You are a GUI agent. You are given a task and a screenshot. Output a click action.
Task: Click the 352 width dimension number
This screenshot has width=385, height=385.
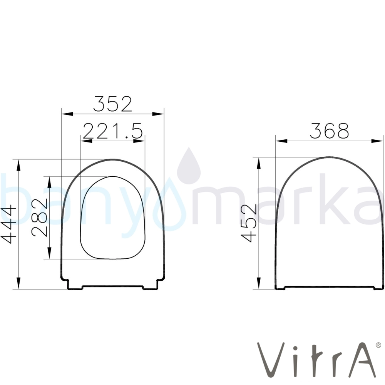113,104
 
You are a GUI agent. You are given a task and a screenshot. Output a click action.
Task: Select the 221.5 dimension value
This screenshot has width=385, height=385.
113,131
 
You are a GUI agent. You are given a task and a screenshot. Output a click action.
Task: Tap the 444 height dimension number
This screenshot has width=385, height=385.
8,225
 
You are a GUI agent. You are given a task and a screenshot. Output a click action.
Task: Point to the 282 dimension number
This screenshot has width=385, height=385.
39,218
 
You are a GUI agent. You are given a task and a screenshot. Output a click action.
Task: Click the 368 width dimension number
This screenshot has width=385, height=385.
329,131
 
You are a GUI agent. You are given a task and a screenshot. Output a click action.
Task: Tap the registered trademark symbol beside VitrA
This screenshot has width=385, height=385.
378,345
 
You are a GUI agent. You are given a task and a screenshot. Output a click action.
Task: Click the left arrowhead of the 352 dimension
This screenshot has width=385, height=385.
67,114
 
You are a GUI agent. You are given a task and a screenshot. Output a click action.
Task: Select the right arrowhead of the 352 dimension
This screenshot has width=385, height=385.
158,114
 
